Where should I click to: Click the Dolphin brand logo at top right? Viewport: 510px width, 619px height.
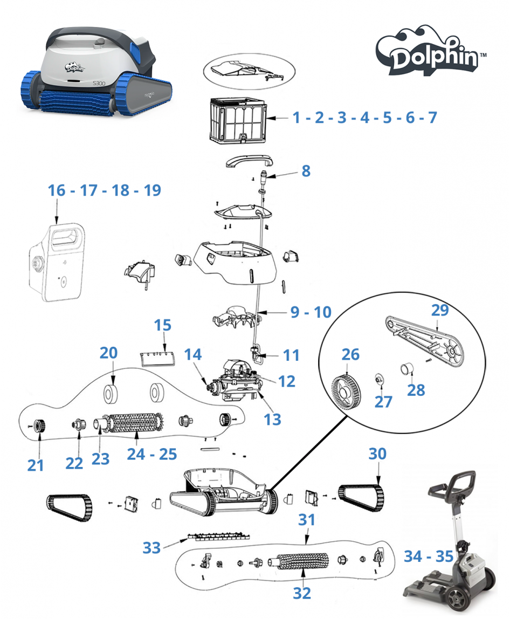430,51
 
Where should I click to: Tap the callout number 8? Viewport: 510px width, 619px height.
306,171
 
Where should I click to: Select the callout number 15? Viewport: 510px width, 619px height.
163,325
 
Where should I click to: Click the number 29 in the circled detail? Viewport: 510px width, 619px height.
440,310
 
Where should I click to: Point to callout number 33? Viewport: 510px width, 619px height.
151,548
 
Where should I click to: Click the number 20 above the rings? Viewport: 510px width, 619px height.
108,353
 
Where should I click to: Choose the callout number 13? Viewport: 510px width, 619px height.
272,419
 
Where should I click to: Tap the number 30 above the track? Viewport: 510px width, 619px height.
377,454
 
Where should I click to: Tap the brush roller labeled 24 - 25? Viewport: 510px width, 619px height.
134,422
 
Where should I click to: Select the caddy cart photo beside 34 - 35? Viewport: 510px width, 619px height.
450,543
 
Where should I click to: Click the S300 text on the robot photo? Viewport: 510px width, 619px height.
99,83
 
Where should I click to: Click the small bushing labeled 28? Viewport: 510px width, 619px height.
407,369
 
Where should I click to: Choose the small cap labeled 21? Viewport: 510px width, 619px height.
39,426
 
